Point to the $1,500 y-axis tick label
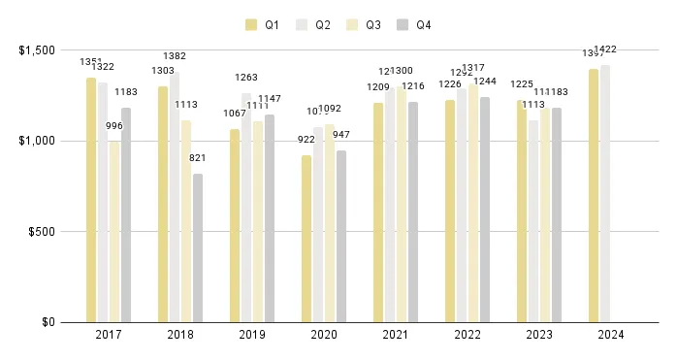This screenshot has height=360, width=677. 35,50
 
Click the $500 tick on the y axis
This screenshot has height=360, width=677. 41,232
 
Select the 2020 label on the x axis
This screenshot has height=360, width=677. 325,335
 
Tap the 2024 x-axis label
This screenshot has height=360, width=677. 612,335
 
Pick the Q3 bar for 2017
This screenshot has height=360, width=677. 114,232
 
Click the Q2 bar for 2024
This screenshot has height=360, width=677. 605,193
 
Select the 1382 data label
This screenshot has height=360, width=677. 175,57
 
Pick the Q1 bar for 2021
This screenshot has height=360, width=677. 378,213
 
